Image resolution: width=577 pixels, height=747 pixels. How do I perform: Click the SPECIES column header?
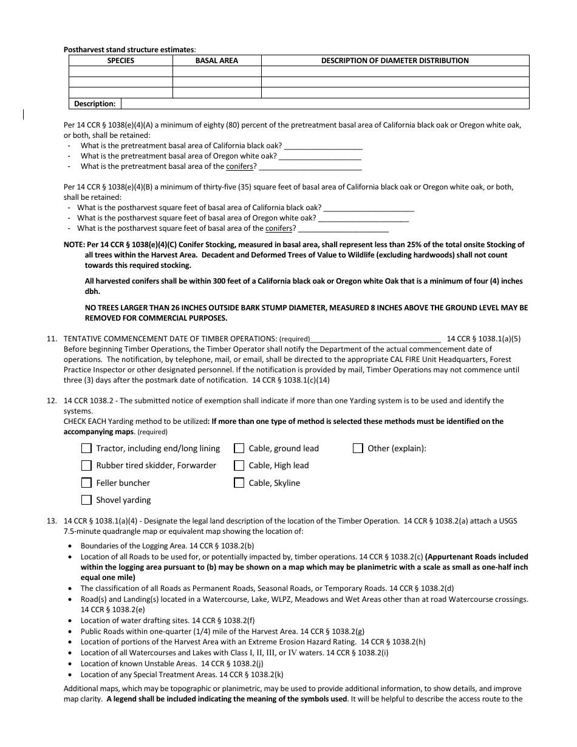(x=121, y=61)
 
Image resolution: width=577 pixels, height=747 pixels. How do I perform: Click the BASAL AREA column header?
(x=217, y=61)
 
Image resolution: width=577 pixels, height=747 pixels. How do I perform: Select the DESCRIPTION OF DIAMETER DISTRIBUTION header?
(x=395, y=61)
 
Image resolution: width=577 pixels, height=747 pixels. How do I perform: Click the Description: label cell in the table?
(x=95, y=104)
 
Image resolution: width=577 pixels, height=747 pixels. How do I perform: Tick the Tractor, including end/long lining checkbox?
(x=86, y=449)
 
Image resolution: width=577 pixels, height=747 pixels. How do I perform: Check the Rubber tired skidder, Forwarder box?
(x=86, y=466)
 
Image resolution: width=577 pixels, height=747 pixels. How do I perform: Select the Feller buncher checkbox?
(x=86, y=483)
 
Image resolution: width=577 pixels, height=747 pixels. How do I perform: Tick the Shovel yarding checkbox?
(x=86, y=500)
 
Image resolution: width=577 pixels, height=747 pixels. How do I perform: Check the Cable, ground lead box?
(x=239, y=449)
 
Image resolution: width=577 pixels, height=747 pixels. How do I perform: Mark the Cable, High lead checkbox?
(x=239, y=466)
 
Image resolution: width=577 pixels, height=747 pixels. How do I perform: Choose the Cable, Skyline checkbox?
(x=239, y=483)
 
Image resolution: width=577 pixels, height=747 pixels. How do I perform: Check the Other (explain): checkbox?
(x=358, y=449)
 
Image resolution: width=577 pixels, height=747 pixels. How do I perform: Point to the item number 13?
(x=52, y=521)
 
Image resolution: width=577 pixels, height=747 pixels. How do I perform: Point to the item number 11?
(x=52, y=338)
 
